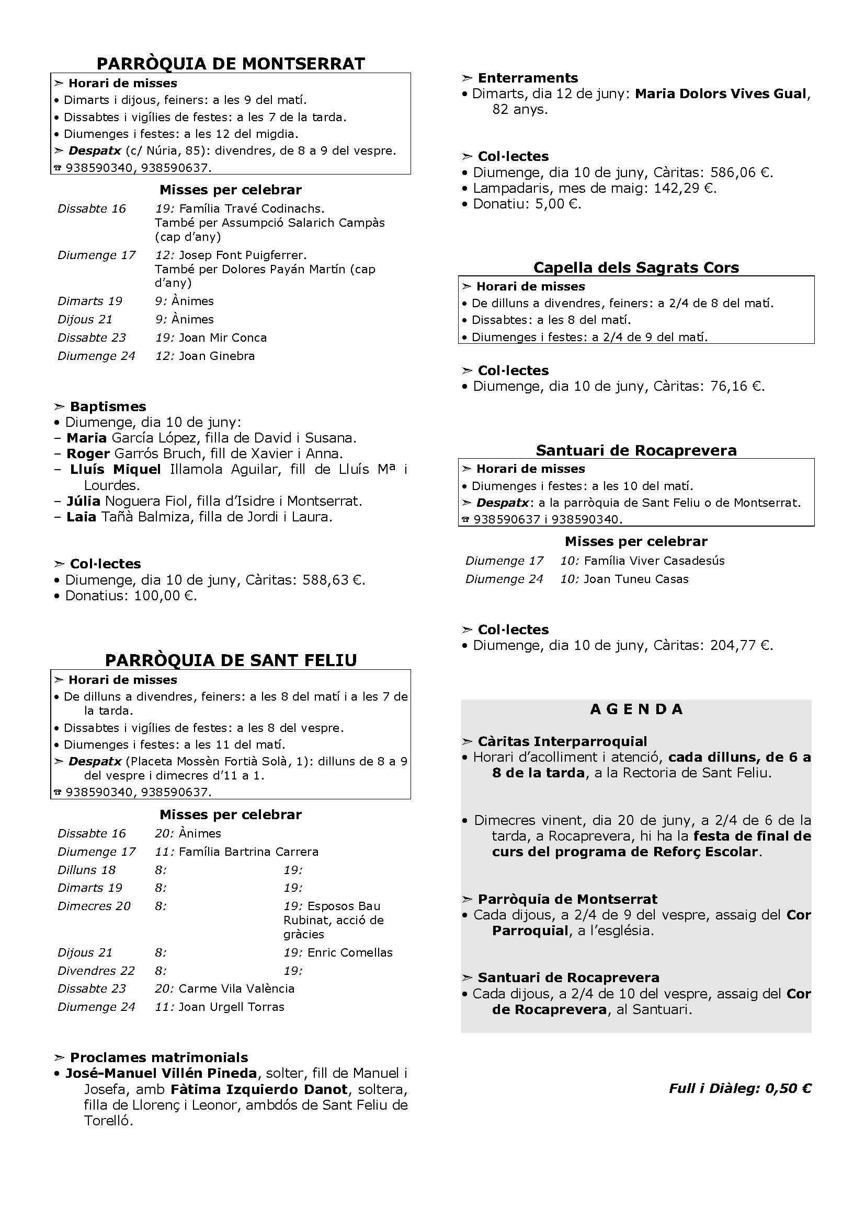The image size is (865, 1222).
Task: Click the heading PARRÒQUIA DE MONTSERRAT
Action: pyautogui.click(x=231, y=64)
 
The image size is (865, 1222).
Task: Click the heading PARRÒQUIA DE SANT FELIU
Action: pyautogui.click(x=231, y=660)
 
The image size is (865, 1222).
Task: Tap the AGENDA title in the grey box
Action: pyautogui.click(x=636, y=709)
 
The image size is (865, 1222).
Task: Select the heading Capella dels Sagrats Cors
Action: pyautogui.click(x=636, y=267)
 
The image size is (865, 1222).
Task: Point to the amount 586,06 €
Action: pyautogui.click(x=741, y=172)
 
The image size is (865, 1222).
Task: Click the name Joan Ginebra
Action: pyautogui.click(x=217, y=356)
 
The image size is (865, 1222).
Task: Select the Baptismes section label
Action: pyautogui.click(x=108, y=406)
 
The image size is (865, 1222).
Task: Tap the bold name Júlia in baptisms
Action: pyautogui.click(x=84, y=501)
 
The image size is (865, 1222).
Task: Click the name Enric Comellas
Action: pyautogui.click(x=350, y=953)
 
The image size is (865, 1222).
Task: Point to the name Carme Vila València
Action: pyautogui.click(x=236, y=988)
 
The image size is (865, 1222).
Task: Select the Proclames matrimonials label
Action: pyautogui.click(x=159, y=1057)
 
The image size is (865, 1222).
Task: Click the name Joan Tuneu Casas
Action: pyautogui.click(x=636, y=579)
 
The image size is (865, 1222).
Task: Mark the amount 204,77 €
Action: pyautogui.click(x=741, y=645)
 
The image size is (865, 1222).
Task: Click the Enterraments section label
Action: pyautogui.click(x=527, y=78)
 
